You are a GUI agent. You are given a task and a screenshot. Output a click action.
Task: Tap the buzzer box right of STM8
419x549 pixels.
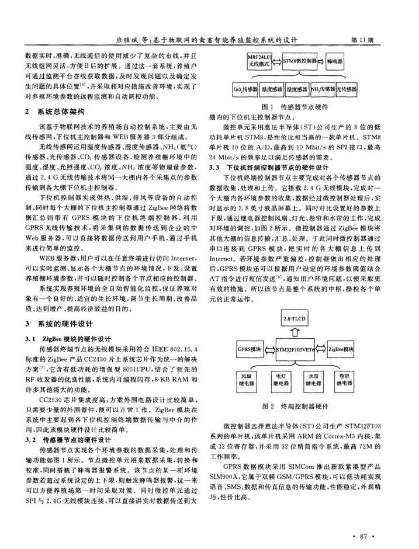click(x=337, y=60)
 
